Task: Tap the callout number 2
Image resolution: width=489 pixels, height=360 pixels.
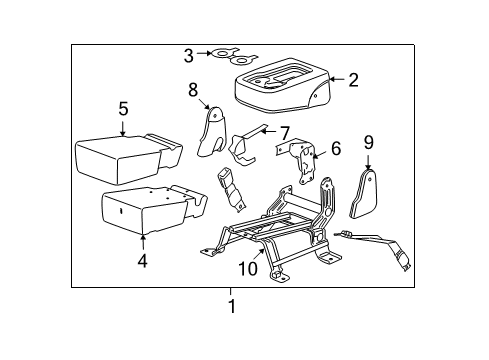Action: point(353,80)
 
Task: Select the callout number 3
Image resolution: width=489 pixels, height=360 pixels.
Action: point(188,55)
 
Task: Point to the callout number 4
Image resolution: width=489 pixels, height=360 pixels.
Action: point(142,261)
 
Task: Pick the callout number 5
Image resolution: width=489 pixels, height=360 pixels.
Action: point(123,110)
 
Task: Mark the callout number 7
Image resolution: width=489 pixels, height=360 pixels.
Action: point(284,132)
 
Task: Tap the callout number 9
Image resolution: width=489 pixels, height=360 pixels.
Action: point(368,143)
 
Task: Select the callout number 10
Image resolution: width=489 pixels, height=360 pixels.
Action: point(246,269)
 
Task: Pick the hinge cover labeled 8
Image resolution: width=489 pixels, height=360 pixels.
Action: point(212,131)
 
